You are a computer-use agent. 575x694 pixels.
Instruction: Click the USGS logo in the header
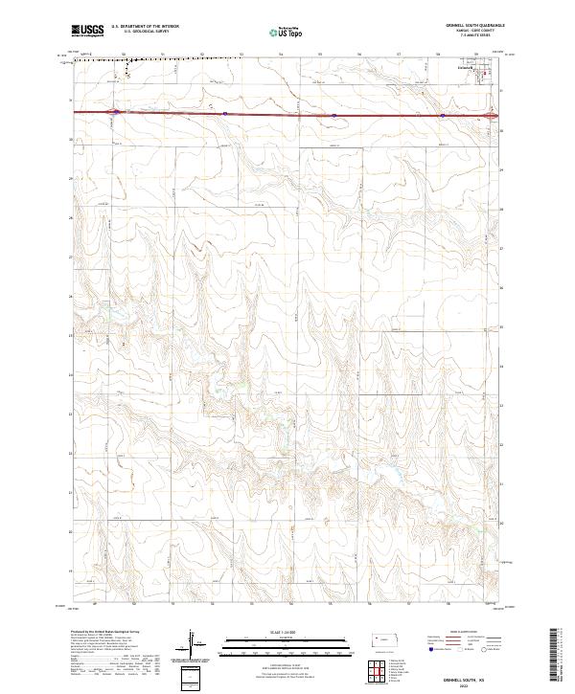[x=87, y=31]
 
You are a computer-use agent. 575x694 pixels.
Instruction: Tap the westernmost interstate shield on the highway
[x=114, y=111]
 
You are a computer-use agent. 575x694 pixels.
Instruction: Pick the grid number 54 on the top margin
[x=280, y=55]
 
